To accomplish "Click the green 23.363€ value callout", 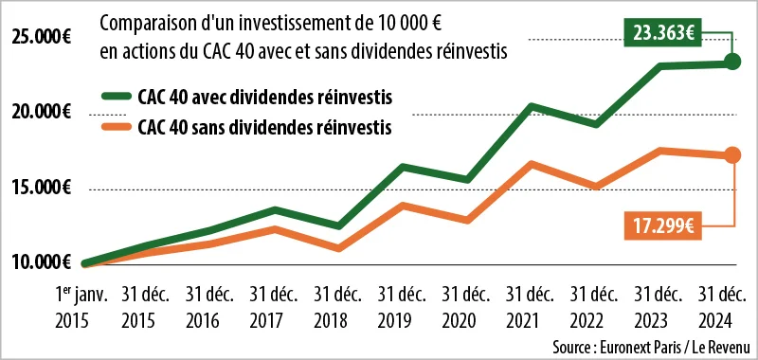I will tap(660, 32).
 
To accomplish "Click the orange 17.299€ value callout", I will tap(660, 225).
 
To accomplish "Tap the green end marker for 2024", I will tap(731, 63).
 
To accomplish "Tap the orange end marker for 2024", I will tap(731, 155).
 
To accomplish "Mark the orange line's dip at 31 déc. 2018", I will tap(338, 248).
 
